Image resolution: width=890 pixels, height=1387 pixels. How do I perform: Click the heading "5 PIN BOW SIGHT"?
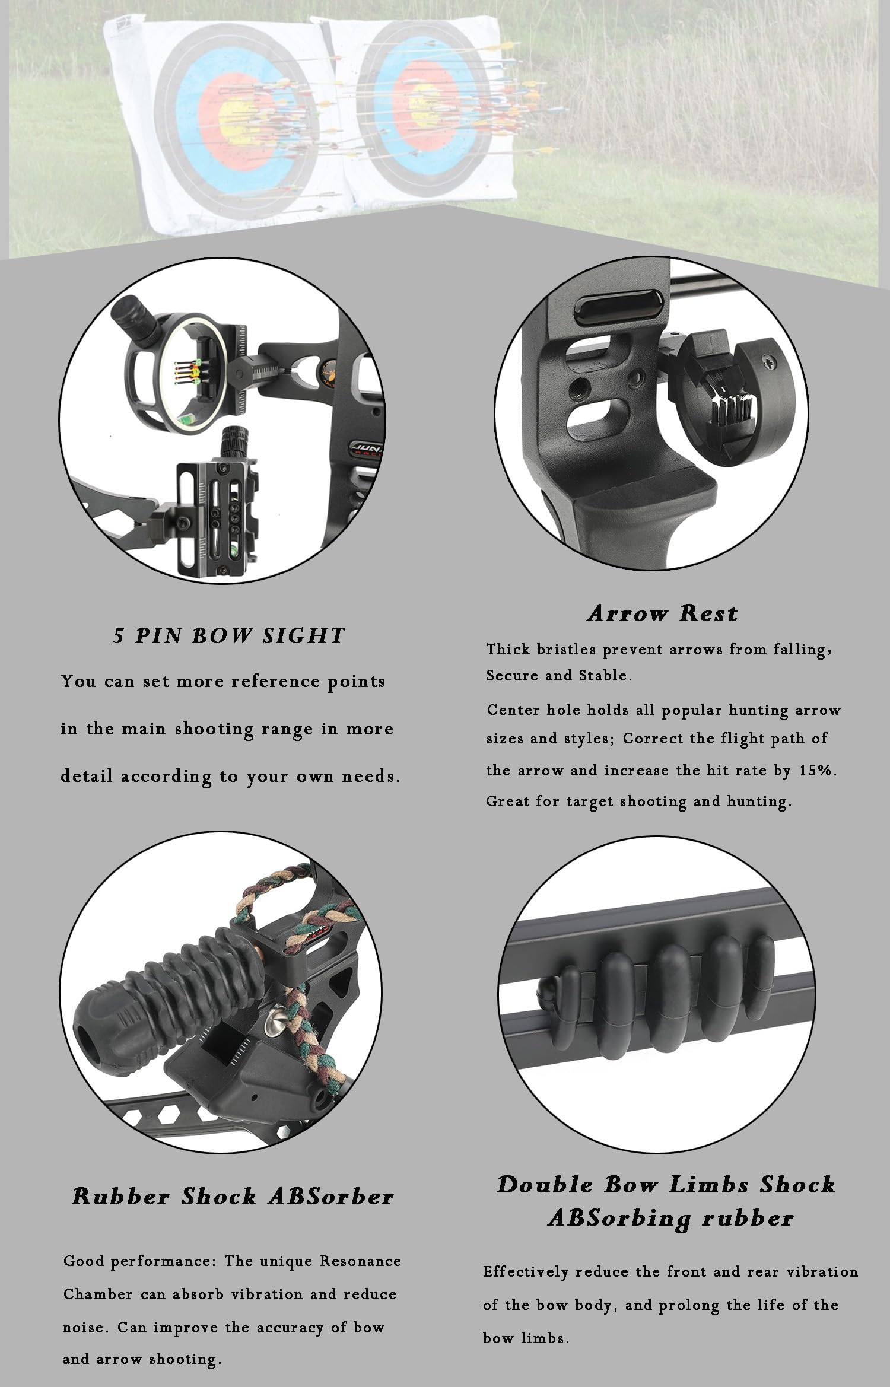click(229, 635)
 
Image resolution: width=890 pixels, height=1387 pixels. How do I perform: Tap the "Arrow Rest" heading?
click(663, 613)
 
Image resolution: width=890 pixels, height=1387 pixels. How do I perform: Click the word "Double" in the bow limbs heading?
click(545, 1185)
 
